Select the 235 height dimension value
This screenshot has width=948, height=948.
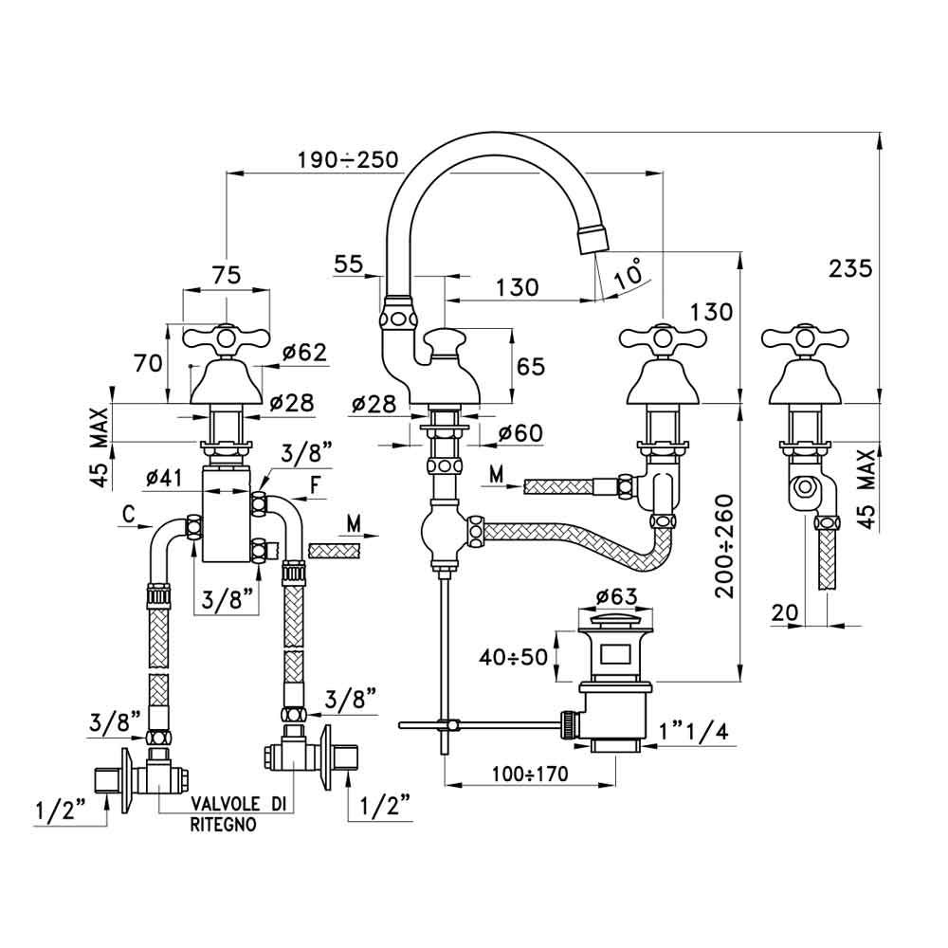pos(849,269)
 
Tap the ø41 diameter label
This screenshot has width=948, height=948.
pos(166,478)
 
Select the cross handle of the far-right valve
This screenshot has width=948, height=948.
pos(804,337)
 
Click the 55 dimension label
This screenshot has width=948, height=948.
pos(349,265)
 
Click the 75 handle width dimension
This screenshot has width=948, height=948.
pos(226,275)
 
